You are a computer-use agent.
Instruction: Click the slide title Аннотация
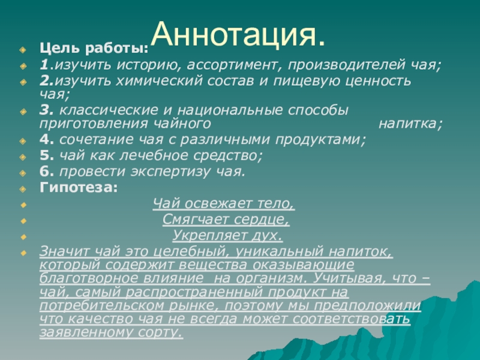(238, 36)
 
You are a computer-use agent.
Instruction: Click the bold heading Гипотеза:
(79, 187)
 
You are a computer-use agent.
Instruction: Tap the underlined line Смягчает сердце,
(226, 219)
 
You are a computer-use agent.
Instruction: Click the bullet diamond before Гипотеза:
(23, 188)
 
